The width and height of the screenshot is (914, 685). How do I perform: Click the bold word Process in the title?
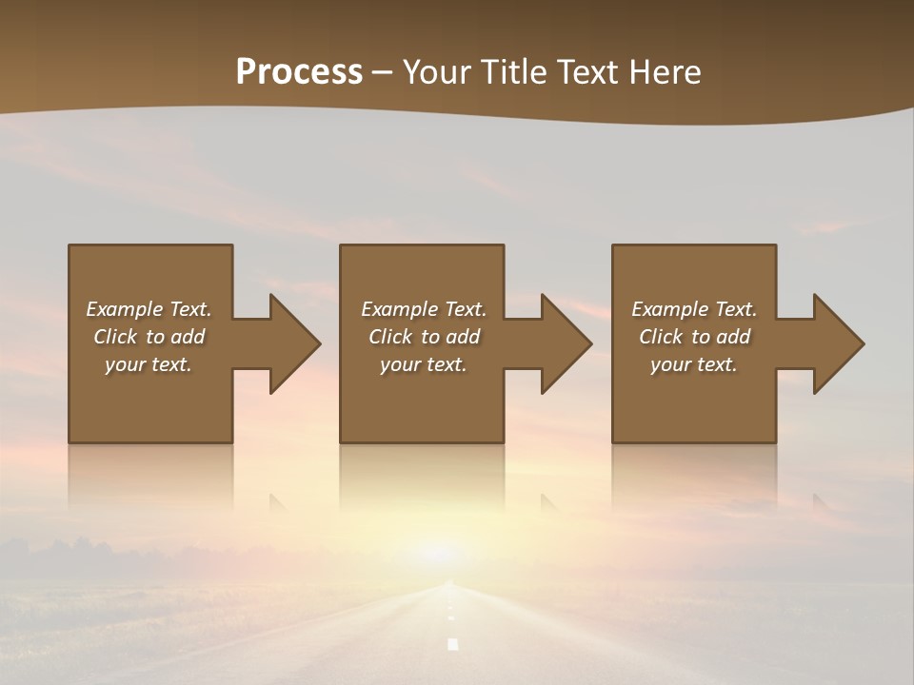click(299, 71)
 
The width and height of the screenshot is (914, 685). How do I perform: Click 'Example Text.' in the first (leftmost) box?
click(149, 309)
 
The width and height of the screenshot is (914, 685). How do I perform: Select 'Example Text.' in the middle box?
click(424, 309)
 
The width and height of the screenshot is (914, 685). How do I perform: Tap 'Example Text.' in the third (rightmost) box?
click(694, 309)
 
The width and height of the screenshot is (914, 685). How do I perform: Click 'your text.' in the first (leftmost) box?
click(149, 364)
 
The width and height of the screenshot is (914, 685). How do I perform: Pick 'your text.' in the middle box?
click(424, 364)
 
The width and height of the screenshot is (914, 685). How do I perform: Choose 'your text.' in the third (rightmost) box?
click(694, 364)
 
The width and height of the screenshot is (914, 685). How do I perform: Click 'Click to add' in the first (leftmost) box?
click(149, 337)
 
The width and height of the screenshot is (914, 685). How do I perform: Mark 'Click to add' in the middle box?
click(424, 337)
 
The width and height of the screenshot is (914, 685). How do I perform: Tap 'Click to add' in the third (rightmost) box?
click(694, 337)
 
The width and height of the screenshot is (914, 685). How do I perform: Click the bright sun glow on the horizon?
click(440, 552)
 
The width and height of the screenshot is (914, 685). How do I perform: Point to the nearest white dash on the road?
click(453, 644)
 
